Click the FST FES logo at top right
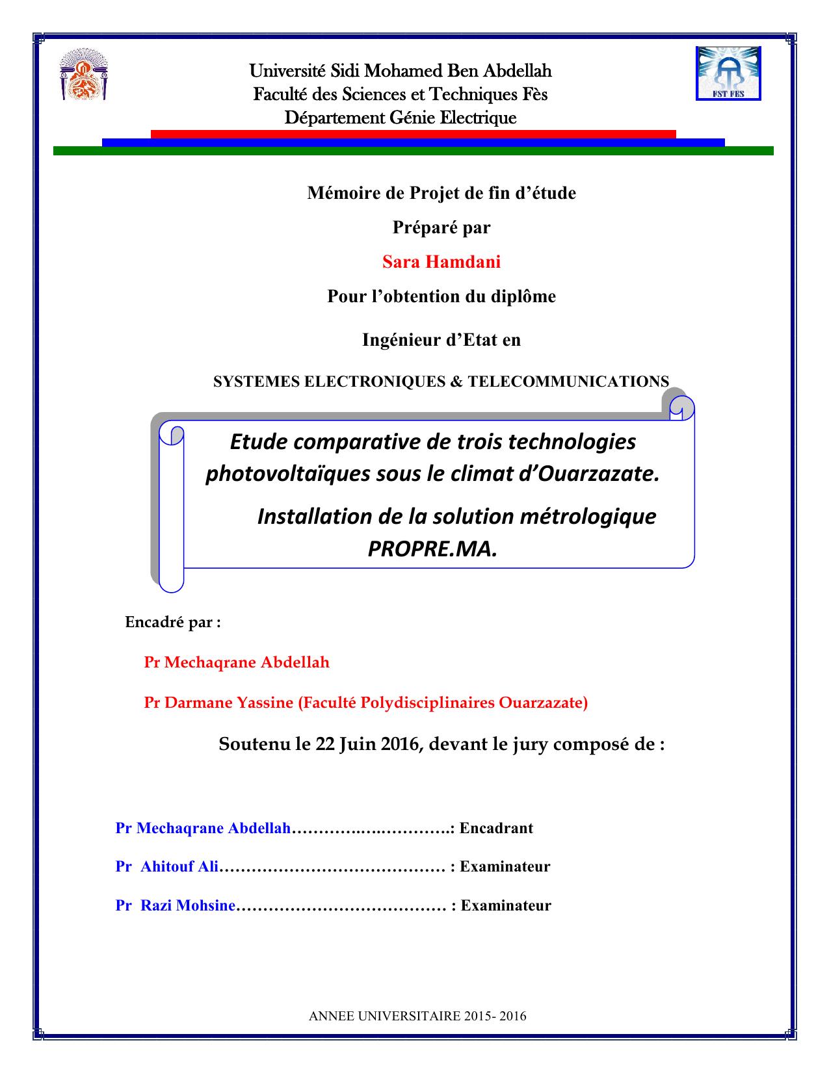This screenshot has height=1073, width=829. (728, 73)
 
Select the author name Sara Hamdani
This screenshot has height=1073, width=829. (441, 262)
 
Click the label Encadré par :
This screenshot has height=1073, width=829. (173, 622)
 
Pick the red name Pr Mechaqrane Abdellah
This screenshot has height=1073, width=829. (237, 662)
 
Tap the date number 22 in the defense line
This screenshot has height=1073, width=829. (324, 744)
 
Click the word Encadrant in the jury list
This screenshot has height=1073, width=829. (496, 828)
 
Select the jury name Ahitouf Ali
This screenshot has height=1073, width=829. (179, 866)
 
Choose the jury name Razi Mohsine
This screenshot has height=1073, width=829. (188, 905)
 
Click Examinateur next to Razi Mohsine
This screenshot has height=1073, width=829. (506, 905)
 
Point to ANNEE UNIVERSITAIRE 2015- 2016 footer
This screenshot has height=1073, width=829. (417, 1016)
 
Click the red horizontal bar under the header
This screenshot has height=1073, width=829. (413, 133)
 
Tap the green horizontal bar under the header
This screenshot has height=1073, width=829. (413, 151)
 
